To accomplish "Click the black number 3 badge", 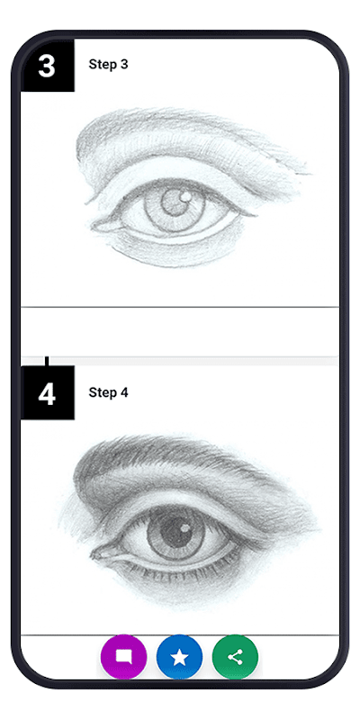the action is point(48,65).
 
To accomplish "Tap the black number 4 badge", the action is point(48,392).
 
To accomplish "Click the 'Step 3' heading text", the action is point(108,64).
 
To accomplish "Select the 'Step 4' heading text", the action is point(108,392).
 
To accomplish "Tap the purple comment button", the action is point(123,657).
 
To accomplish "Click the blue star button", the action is point(179,657).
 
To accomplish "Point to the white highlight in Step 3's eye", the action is point(186,196).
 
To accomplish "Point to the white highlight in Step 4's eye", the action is point(184,528).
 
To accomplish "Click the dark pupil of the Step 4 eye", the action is point(175,533).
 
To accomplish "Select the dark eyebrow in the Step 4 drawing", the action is point(179,459).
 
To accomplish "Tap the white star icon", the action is point(179,657).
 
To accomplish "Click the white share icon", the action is point(235,657).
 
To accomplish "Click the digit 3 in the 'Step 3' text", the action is point(124,64).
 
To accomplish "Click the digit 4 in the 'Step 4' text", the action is point(124,392).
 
